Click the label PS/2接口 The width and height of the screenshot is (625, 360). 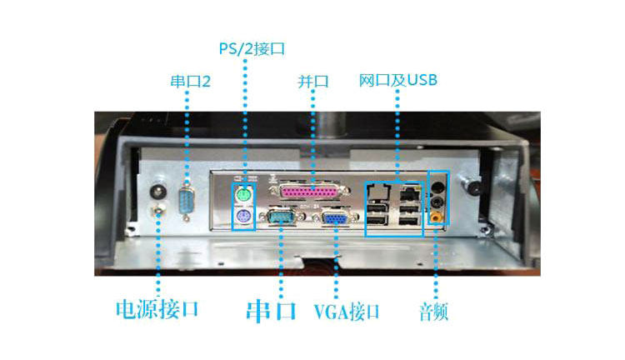coord(252,48)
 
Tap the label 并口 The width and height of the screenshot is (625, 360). coord(313,82)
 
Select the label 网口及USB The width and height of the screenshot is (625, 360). coord(398,81)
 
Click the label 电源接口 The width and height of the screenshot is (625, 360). coord(157,310)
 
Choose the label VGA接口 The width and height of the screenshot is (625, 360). coord(347,312)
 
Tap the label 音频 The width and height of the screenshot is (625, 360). coord(434,312)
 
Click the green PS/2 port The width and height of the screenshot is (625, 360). coord(242,195)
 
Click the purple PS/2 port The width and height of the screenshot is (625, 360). coord(242,219)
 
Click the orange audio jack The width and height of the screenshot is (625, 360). coord(436,216)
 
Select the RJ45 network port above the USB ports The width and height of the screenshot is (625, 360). coord(410,193)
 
